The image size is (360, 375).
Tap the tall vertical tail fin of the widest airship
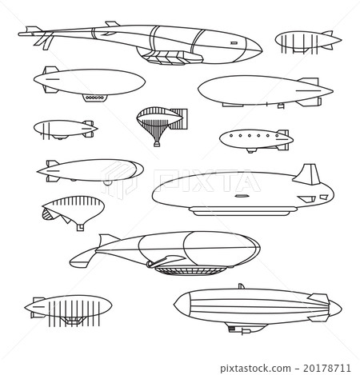click(306, 175)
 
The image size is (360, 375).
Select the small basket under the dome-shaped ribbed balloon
click(79, 227)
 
